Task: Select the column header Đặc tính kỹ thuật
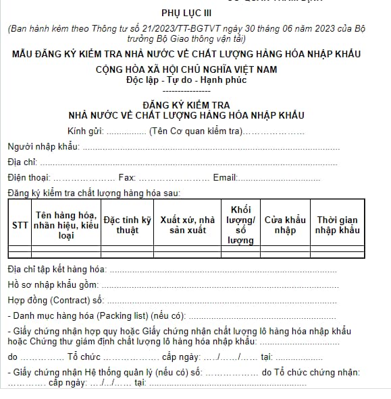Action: [x=127, y=225]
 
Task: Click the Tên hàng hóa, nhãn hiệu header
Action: [x=66, y=225]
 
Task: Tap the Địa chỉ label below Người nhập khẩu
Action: [x=22, y=162]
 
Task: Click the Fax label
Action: [x=126, y=177]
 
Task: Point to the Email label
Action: [x=225, y=177]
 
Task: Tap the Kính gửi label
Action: [x=85, y=130]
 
